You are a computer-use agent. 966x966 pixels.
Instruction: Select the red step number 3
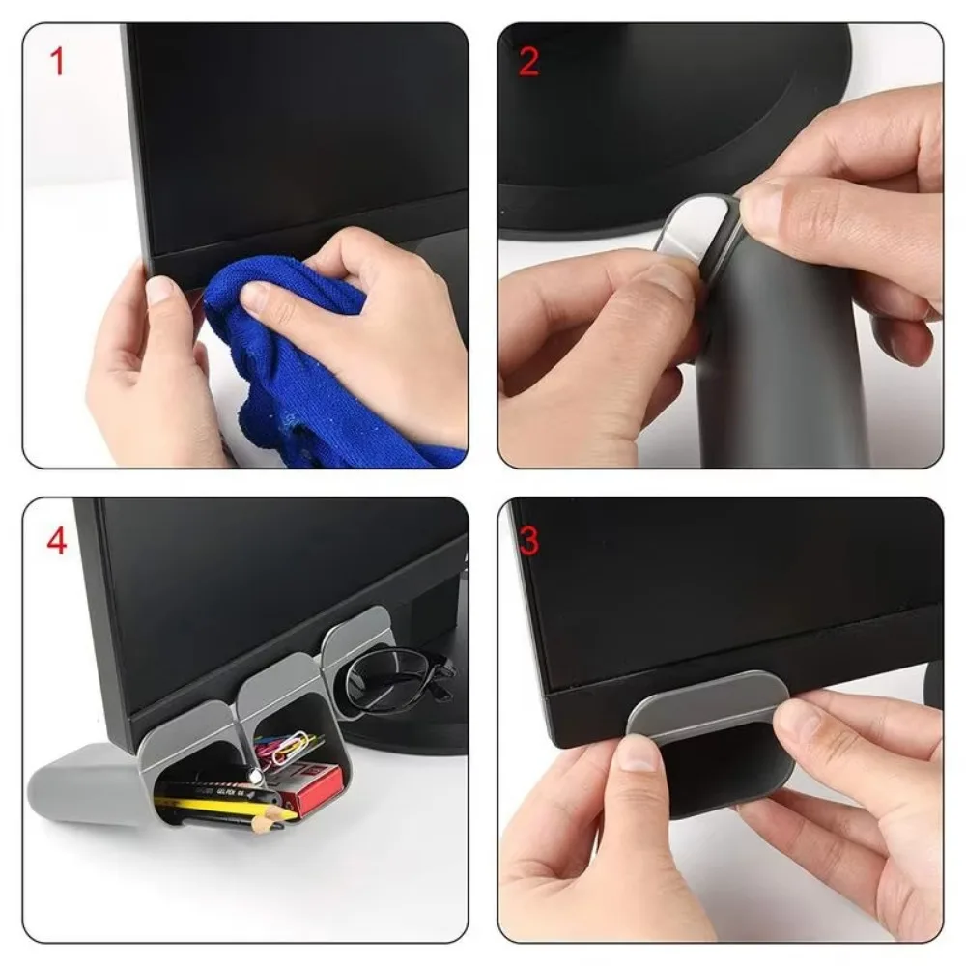coord(528,541)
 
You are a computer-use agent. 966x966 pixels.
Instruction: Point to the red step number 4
coord(57,541)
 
